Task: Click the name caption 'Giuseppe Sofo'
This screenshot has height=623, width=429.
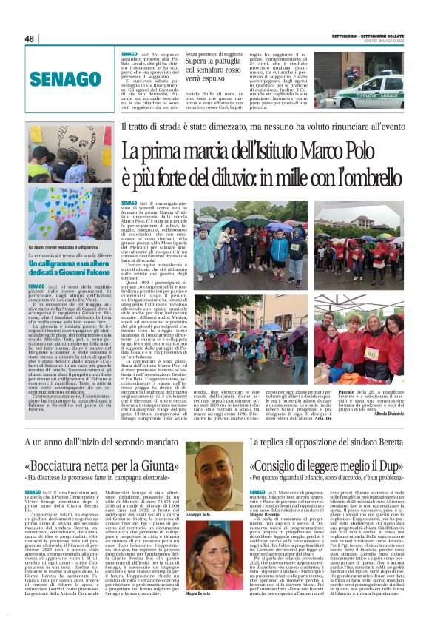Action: click(x=204, y=514)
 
